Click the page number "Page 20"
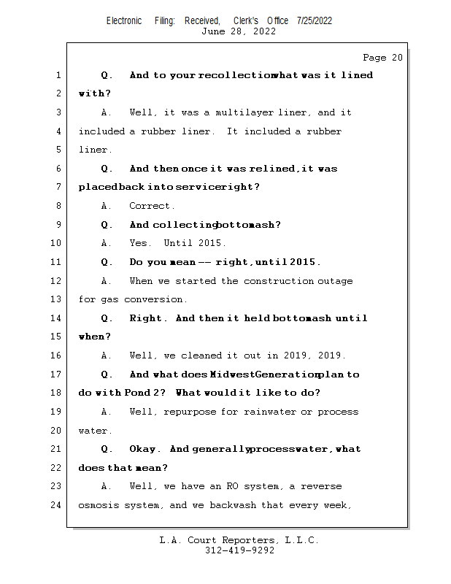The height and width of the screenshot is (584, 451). [x=382, y=58]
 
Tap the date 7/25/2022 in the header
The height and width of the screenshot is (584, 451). [x=315, y=20]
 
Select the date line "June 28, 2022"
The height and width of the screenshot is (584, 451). [x=239, y=31]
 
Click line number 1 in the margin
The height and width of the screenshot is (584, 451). [x=58, y=75]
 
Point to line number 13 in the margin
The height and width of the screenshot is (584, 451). [x=57, y=299]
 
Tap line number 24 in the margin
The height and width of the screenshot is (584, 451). [x=57, y=505]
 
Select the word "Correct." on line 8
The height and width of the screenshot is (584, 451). [x=152, y=206]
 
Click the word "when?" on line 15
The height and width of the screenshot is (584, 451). [x=95, y=337]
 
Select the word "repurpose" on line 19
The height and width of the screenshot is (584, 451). [x=190, y=412]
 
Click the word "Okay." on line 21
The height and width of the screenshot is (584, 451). [x=143, y=449]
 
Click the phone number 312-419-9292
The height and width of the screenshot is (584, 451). [x=239, y=550]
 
